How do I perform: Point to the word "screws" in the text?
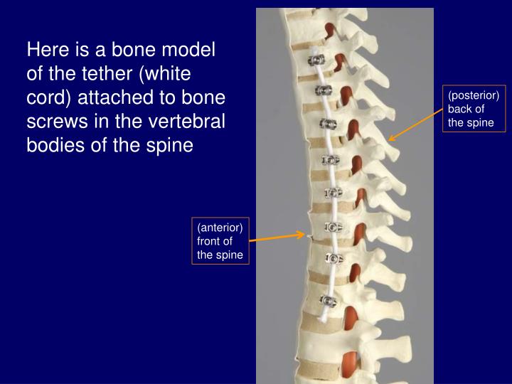[x=59, y=122]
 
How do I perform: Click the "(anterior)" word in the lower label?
[x=220, y=228]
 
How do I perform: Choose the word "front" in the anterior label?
[x=210, y=241]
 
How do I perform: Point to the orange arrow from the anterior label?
[x=277, y=237]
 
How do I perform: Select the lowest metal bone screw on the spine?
[x=328, y=299]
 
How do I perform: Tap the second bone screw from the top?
[x=323, y=90]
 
